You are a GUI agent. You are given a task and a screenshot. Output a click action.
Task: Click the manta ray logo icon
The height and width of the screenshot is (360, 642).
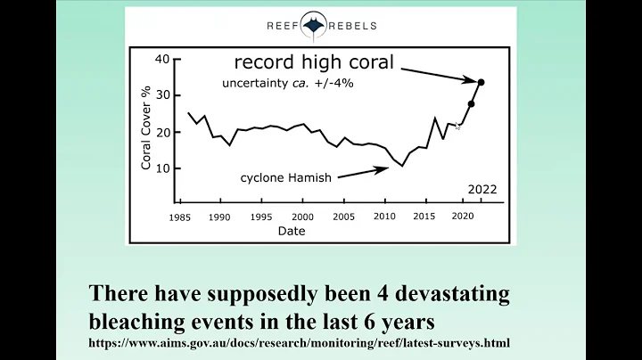click(x=315, y=26)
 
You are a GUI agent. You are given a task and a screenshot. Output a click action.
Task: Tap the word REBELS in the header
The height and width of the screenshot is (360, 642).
click(x=352, y=26)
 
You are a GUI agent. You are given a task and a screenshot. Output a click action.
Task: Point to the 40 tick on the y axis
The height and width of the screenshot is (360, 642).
click(x=161, y=59)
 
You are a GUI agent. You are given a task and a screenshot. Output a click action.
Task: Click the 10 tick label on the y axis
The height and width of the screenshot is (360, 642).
click(x=161, y=168)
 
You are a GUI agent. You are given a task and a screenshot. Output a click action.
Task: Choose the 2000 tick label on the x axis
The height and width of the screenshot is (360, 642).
click(x=303, y=217)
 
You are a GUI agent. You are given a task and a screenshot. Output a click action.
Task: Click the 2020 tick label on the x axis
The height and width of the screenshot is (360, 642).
click(x=462, y=217)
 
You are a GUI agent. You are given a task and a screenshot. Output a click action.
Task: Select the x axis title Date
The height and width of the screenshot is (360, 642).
click(x=291, y=231)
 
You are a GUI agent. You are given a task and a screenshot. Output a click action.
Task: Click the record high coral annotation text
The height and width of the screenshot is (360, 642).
click(x=313, y=63)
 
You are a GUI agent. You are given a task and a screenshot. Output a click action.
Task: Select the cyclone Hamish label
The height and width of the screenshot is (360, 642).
click(x=285, y=177)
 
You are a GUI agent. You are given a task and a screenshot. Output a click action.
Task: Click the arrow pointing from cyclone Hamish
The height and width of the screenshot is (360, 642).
click(x=362, y=172)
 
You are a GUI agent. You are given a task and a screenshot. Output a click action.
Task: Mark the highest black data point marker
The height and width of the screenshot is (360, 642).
click(x=481, y=82)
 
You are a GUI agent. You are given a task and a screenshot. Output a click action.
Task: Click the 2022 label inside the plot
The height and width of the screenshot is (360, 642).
click(x=481, y=189)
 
